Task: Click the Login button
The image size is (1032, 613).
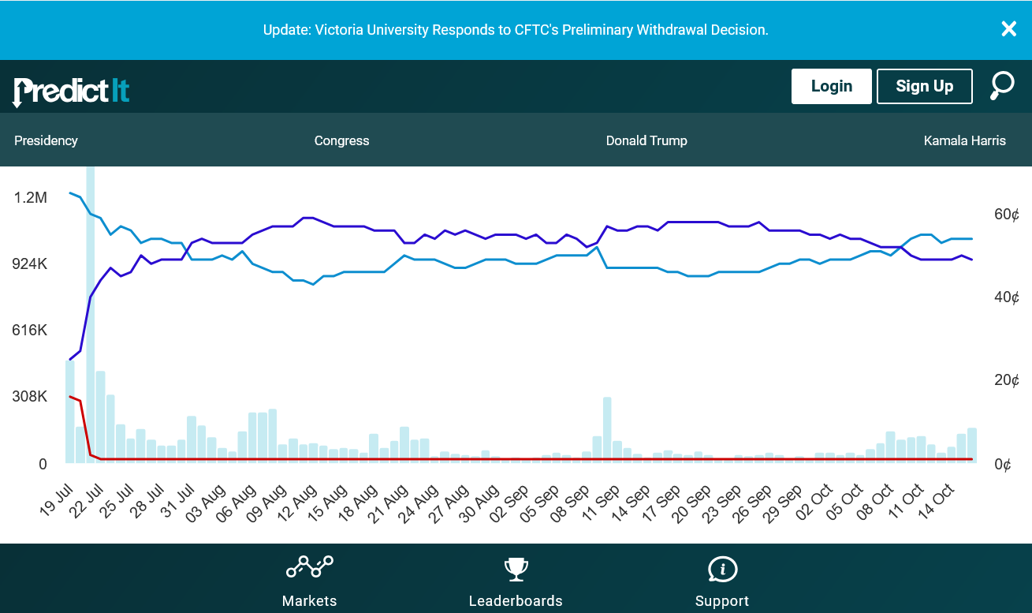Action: pos(831,86)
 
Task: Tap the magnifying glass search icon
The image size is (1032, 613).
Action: pos(1002,85)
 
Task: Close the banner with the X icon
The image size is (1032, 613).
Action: pos(1008,29)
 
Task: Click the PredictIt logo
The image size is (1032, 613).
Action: pos(71,91)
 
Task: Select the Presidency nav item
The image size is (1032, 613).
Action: pos(46,140)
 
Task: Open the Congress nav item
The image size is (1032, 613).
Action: pos(341,140)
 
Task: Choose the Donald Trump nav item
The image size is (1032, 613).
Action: pos(646,140)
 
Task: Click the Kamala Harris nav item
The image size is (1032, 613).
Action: pos(964,140)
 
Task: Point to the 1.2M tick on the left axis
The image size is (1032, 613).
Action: pos(30,197)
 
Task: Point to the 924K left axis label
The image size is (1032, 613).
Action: pos(30,264)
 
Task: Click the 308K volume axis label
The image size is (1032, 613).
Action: pos(30,396)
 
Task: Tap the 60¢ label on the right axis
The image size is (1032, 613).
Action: pos(1006,215)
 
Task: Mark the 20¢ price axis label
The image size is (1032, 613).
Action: pos(1006,380)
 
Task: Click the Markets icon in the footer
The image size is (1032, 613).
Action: pos(309,567)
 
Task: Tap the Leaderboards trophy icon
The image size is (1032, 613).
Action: pos(516,568)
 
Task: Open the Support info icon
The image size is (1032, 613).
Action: pos(722,568)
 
